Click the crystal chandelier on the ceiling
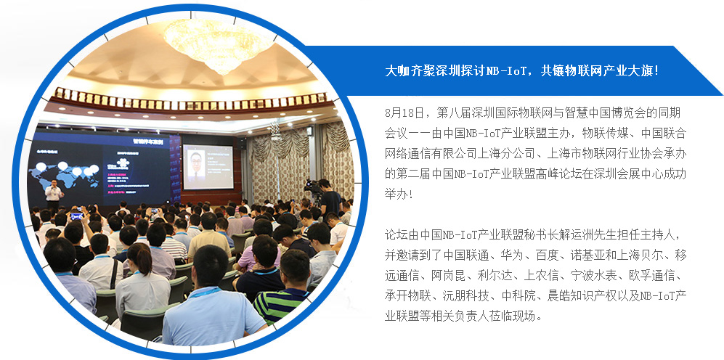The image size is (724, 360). [x=218, y=43]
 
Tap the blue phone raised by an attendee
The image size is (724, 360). [x=77, y=216]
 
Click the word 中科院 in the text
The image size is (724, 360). [x=518, y=296]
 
